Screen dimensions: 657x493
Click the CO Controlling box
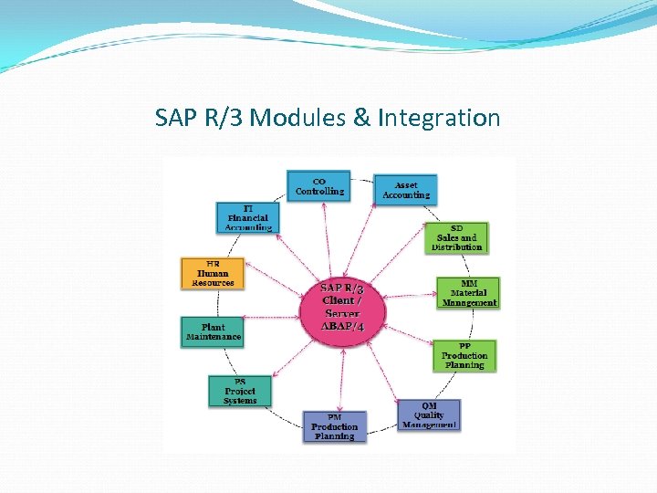pyautogui.click(x=318, y=187)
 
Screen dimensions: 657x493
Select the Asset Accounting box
pyautogui.click(x=406, y=190)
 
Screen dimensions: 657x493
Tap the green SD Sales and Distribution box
pyautogui.click(x=456, y=237)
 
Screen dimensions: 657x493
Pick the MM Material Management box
pyautogui.click(x=468, y=293)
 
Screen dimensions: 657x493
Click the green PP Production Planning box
pyautogui.click(x=464, y=356)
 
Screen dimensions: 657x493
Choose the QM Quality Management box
pyautogui.click(x=429, y=415)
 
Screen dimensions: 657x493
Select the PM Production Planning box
pyautogui.click(x=334, y=427)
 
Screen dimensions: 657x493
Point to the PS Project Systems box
pyautogui.click(x=239, y=392)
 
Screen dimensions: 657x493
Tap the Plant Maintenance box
pyautogui.click(x=214, y=331)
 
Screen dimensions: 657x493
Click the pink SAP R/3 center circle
pyautogui.click(x=343, y=306)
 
